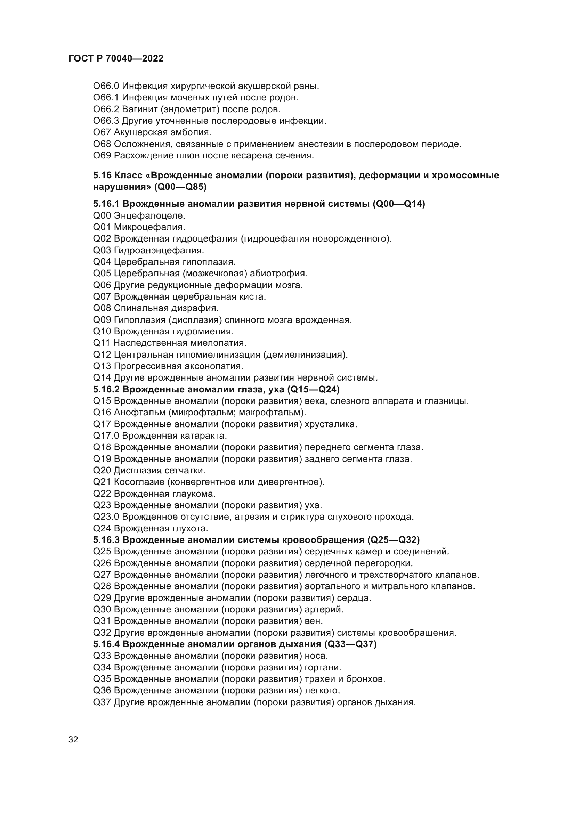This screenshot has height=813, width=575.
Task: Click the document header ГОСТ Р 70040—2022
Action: coord(116,59)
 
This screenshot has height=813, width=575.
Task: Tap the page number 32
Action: coord(73,739)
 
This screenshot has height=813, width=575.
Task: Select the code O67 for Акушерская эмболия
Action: coord(102,132)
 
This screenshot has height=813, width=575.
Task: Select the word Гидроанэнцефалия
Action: coord(159,250)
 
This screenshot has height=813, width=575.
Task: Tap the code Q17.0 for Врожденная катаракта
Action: coord(106,436)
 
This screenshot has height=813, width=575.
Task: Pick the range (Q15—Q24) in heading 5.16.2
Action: coord(313,390)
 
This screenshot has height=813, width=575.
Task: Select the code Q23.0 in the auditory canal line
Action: coord(106,517)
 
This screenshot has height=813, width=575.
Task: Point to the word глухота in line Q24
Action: coord(190,528)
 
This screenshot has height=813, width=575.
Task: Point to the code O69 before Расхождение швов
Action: coord(102,155)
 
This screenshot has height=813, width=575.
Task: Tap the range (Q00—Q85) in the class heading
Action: coord(180,187)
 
